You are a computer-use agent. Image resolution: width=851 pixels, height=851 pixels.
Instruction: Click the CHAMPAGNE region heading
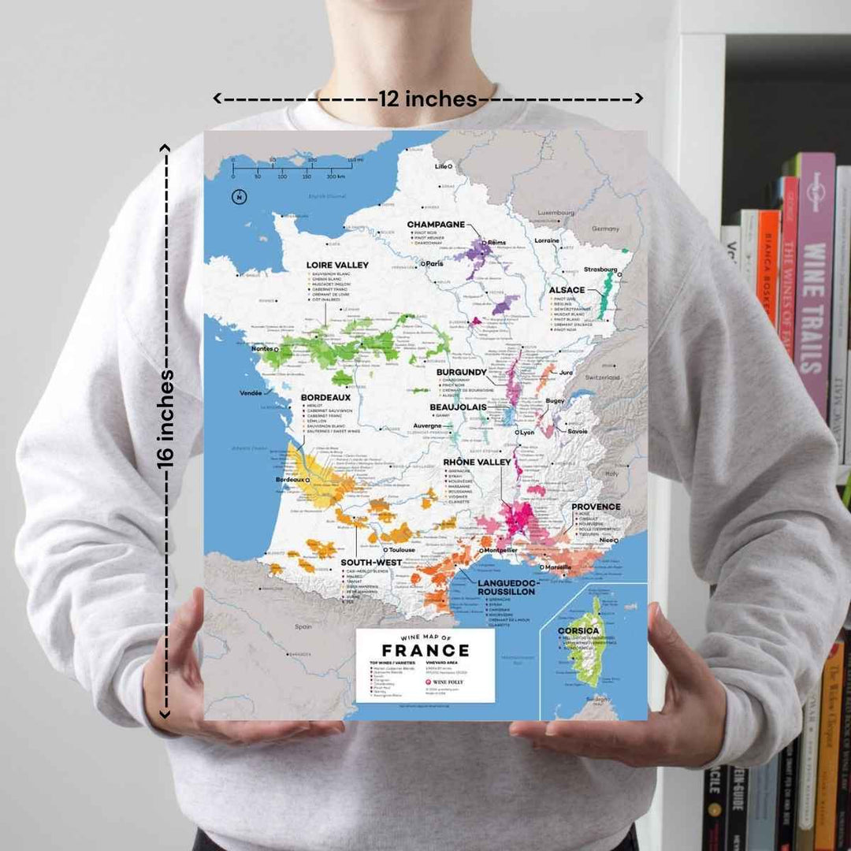click(436, 225)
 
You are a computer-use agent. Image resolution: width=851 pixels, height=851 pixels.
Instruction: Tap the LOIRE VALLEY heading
click(338, 266)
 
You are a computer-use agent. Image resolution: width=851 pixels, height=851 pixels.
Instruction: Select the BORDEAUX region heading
click(325, 398)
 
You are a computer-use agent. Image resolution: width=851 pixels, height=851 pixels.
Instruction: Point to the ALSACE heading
click(567, 290)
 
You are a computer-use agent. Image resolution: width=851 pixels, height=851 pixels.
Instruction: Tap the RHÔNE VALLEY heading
click(477, 462)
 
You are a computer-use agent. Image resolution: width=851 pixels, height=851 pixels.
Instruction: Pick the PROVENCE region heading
click(596, 507)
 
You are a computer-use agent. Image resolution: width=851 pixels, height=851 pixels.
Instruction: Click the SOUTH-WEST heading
click(371, 563)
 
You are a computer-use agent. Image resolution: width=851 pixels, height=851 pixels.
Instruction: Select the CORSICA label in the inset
click(578, 631)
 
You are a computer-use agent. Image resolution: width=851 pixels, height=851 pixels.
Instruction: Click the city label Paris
click(434, 264)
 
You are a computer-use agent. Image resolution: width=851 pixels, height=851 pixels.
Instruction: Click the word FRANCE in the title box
click(425, 651)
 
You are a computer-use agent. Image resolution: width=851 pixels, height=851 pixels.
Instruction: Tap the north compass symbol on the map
click(236, 196)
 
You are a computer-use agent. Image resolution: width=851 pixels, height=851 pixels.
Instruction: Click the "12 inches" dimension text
click(428, 99)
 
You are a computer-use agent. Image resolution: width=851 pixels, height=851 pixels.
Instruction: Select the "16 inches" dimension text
click(167, 418)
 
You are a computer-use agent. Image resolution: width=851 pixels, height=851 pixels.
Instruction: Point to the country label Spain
click(303, 627)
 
